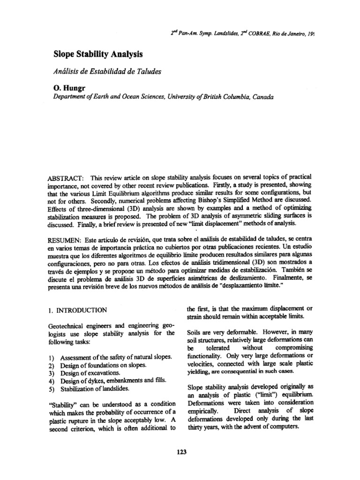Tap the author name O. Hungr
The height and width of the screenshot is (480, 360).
(71, 88)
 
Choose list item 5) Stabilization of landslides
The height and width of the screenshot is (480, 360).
(97, 389)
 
